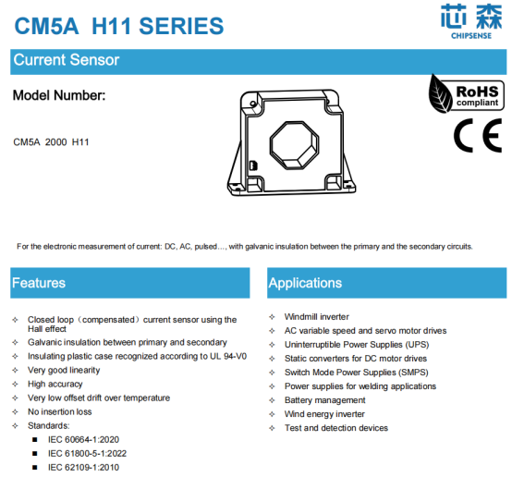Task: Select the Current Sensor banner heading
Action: tap(66, 61)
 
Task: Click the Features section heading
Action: tap(39, 283)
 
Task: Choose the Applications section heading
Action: tap(305, 283)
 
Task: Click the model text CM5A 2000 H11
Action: tap(51, 142)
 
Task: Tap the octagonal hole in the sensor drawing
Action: tap(294, 145)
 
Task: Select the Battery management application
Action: tap(324, 400)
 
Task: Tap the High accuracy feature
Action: tap(55, 384)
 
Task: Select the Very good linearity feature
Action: tap(64, 370)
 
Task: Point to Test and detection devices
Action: tap(336, 428)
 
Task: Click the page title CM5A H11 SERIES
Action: tap(118, 25)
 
